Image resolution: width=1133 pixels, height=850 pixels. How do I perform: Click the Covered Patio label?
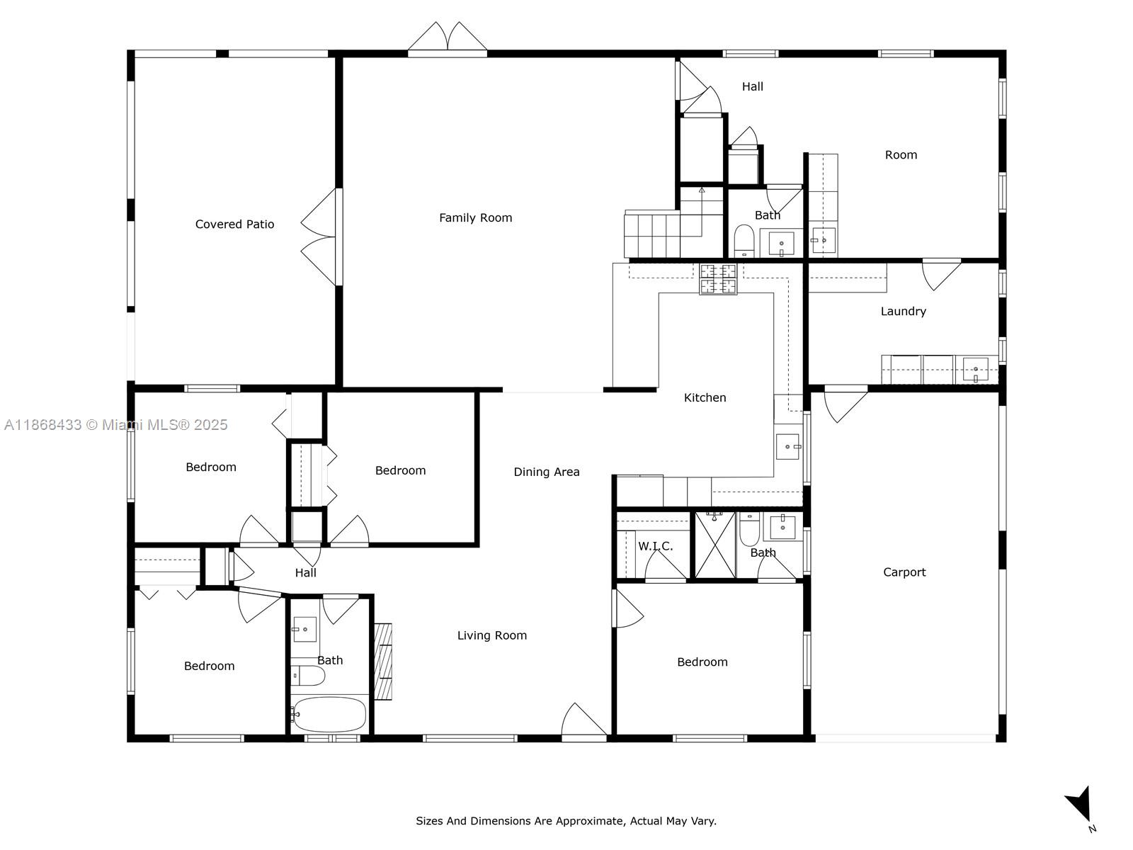point(234,225)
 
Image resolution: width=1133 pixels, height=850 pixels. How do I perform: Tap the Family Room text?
point(475,218)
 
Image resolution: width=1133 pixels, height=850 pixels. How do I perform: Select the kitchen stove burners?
point(718,278)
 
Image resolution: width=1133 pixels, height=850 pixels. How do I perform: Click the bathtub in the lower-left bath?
point(329,714)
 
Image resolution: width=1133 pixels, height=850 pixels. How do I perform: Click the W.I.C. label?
point(655,546)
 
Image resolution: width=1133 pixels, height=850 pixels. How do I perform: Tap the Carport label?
point(904,572)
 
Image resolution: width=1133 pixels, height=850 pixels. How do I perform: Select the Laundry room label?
point(903,312)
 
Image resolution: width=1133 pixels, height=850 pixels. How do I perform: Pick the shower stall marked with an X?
point(714,545)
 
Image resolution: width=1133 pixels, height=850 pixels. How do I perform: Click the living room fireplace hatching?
point(382,662)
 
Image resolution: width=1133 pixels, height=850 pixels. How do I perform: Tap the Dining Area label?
point(546,472)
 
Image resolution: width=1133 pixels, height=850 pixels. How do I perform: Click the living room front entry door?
point(584,722)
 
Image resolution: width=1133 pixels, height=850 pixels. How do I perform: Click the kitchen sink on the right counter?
point(787,447)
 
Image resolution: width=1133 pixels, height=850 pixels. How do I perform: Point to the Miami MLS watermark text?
point(115,425)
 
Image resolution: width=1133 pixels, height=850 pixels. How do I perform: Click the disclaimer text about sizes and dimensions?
point(566,821)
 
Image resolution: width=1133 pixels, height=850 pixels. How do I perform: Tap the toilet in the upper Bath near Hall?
point(744,239)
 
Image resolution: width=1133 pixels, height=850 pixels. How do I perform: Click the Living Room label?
point(491,636)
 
